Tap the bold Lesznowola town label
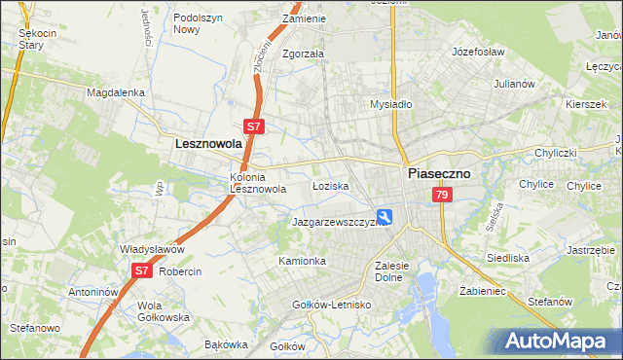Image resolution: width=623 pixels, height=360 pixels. pos(208,143)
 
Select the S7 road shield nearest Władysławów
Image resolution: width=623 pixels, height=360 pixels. pos(142,271)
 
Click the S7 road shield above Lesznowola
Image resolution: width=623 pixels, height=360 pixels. pos(253,126)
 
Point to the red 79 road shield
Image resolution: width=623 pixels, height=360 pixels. pos(443,196)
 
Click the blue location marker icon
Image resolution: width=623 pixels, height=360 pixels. pos(385,217)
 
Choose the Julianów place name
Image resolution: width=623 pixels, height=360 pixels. pos(515,84)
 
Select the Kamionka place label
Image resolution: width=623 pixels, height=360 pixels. pos(302,262)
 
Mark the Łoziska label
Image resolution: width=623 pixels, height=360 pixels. pos(330,185)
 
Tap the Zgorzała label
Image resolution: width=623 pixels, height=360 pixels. pos(303,54)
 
